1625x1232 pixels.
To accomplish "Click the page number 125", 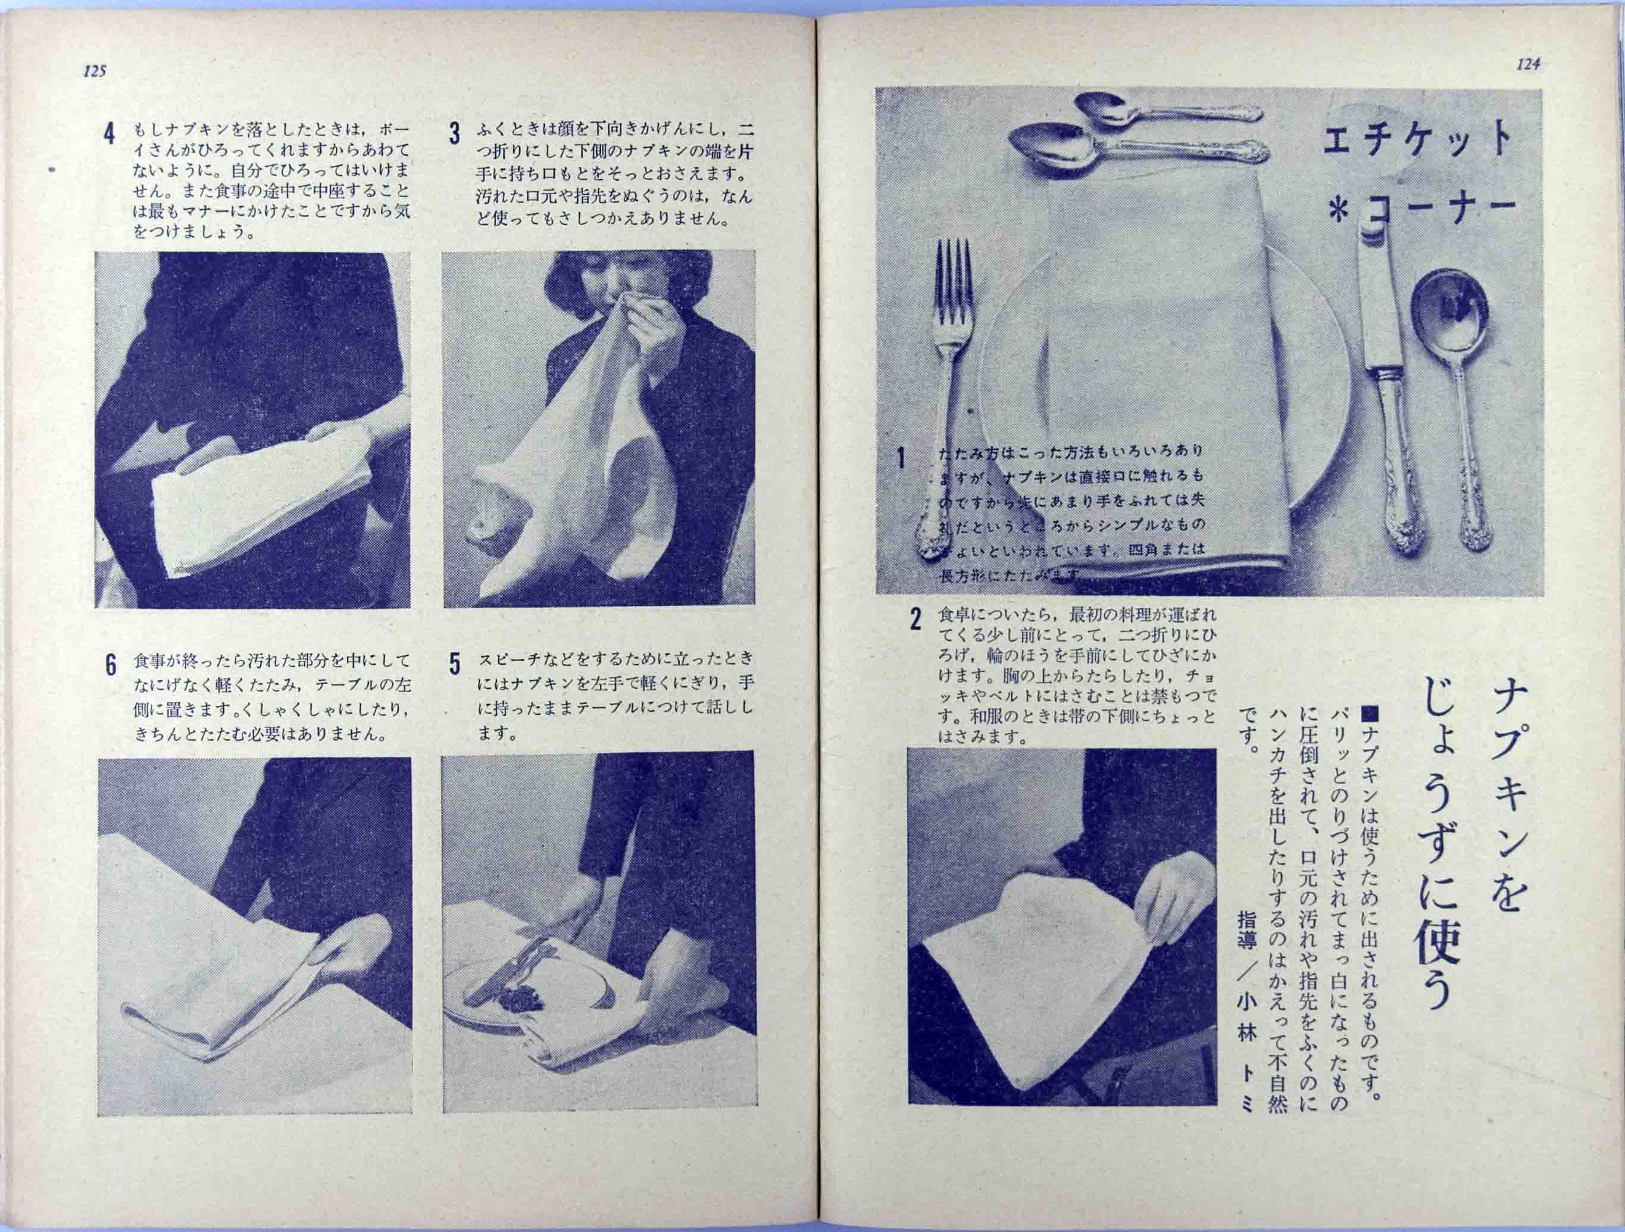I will click(x=95, y=71).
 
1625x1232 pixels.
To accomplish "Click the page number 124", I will click(x=1528, y=65).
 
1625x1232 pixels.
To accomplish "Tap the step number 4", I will click(x=110, y=135).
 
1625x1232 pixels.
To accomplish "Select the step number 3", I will click(x=455, y=134).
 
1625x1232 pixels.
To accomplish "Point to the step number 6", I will click(x=111, y=664).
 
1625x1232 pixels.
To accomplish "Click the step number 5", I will click(x=455, y=664).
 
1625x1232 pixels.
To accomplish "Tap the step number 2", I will click(x=915, y=619).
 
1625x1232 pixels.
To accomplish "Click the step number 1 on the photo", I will click(x=901, y=458).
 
